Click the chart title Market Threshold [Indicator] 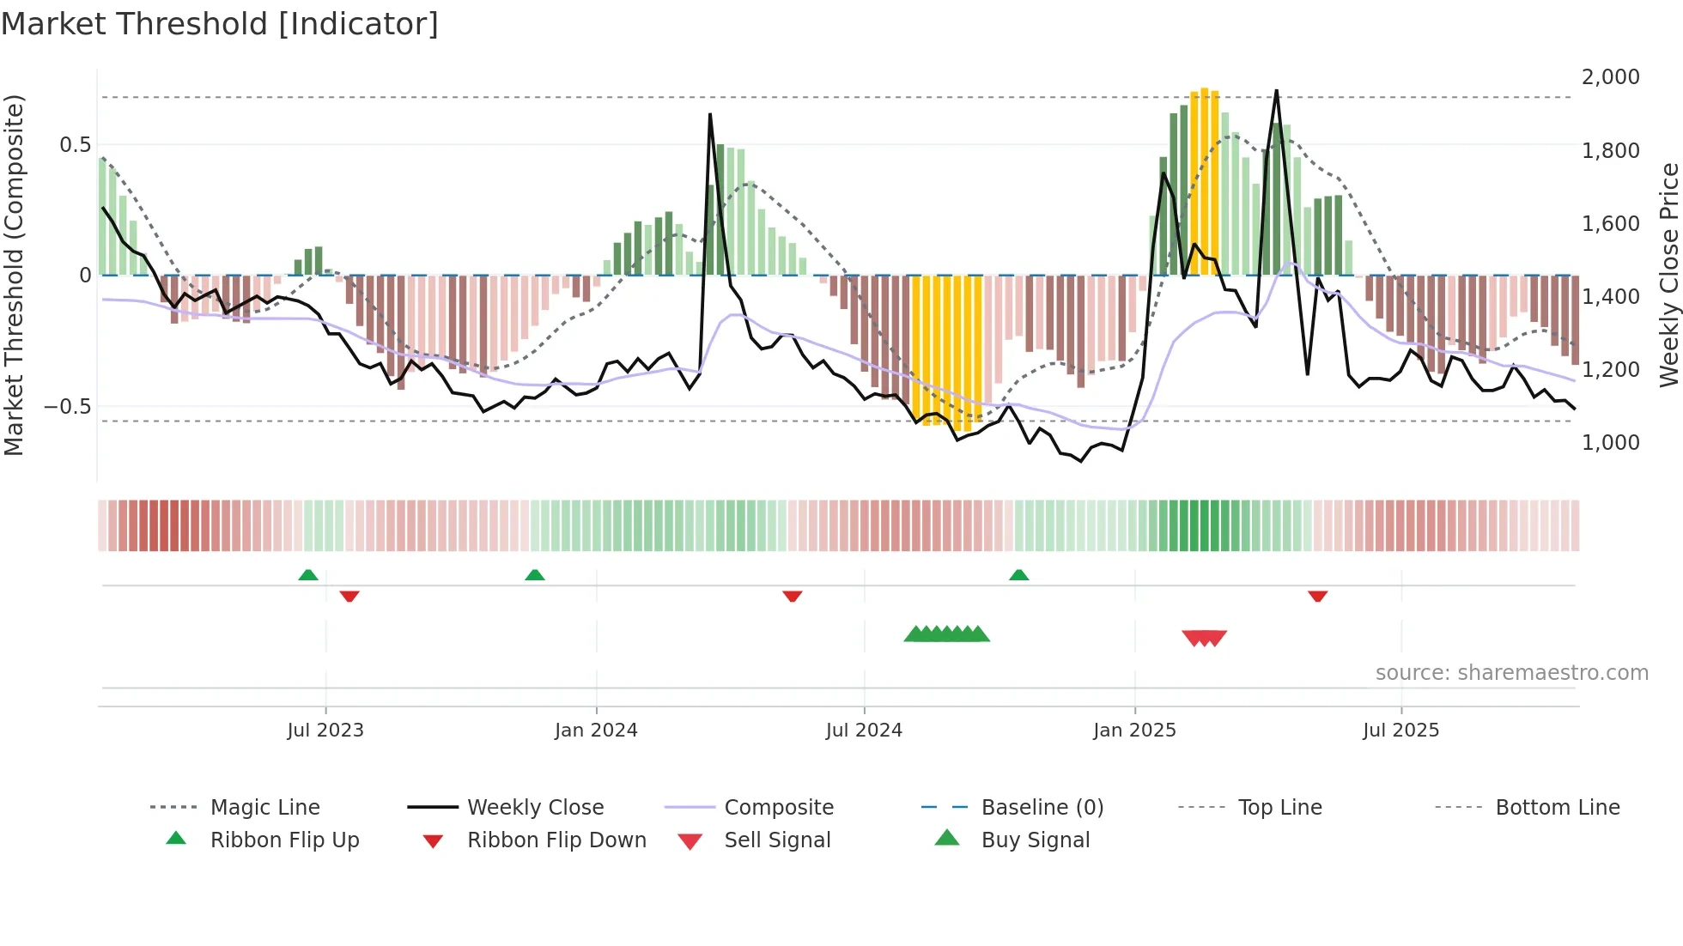pos(220,24)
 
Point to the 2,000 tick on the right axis pos(1610,77)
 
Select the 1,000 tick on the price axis pos(1610,443)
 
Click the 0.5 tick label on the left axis pos(75,145)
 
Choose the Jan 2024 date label pos(596,731)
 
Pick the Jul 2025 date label pos(1400,731)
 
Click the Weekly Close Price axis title pos(1668,275)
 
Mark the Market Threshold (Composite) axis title pos(14,275)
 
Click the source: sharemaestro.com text pos(1511,673)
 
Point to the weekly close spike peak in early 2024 pos(710,115)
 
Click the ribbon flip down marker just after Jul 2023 pos(349,596)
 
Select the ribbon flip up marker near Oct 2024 pos(1018,575)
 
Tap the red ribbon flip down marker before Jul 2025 pos(1317,596)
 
